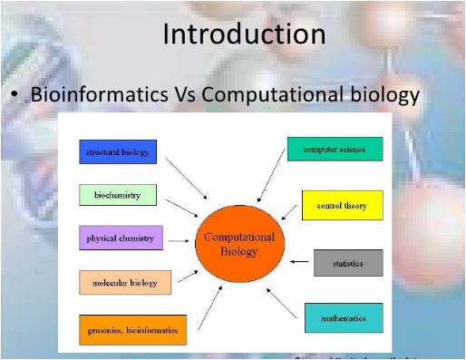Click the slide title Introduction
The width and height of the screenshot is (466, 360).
pos(244,34)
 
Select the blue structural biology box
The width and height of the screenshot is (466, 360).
pos(117,151)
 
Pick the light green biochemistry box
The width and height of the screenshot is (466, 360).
pos(117,195)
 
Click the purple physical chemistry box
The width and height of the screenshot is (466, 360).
pos(120,239)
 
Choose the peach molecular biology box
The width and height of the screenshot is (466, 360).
pos(124,283)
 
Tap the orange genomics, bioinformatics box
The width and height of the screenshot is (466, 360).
pos(132,329)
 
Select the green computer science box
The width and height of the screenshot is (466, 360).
pos(335,149)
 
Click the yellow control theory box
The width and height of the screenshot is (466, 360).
pos(342,205)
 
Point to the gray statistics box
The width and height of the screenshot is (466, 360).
pos(347,263)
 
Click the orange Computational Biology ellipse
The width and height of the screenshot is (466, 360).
pos(239,243)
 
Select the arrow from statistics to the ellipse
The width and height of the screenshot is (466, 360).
pos(299,263)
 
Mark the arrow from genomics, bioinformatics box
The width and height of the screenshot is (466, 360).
pos(208,309)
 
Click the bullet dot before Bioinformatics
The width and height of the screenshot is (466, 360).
pos(17,95)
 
